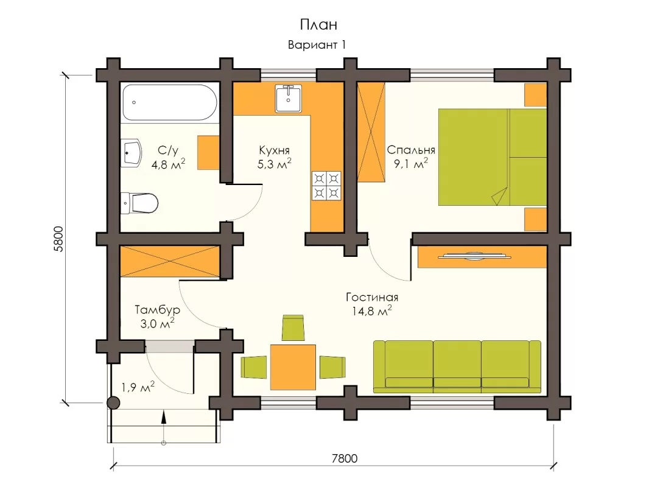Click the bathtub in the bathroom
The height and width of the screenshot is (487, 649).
point(169,103)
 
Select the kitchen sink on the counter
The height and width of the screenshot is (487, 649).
point(289,99)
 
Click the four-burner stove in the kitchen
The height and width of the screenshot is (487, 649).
point(326,186)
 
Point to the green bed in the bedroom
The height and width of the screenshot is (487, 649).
point(493,157)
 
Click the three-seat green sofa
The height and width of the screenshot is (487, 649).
point(457,366)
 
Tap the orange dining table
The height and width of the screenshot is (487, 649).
point(293,367)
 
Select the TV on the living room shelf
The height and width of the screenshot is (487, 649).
point(474,256)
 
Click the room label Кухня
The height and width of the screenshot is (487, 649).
point(274,150)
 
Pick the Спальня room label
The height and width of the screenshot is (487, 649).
point(410,150)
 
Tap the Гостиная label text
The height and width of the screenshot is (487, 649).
point(372,297)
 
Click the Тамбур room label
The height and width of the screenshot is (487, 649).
point(157,310)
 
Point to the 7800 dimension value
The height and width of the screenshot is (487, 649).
point(345,458)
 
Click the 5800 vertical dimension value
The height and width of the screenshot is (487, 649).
point(58,239)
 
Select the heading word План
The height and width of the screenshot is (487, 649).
point(318,24)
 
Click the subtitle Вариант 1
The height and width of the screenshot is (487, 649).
point(317,44)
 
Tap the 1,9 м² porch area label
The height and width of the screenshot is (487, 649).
point(138,387)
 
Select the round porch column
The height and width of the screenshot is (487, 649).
point(113,402)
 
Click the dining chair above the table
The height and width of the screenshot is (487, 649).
point(293,328)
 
